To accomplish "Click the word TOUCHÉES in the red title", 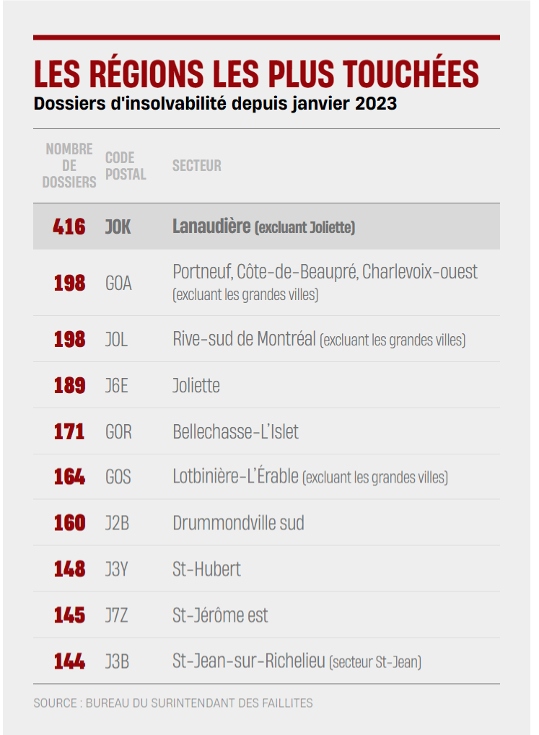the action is pos(411,74).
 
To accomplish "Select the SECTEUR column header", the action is pos(196,165).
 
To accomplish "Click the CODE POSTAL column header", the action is pos(126,166).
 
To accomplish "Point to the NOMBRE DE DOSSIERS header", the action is pos(69,165).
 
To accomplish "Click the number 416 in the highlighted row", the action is pos(69,227).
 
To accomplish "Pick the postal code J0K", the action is pos(118,227).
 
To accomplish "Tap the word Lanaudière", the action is pos(211,226).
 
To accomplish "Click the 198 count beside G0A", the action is pos(69,283).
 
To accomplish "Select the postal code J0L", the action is pos(116,340).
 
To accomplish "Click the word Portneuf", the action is pos(202,272).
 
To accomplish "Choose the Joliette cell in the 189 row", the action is pos(196,385).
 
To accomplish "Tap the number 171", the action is pos(69,432).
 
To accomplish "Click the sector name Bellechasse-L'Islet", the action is pos(235,432).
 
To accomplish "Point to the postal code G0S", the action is pos(118,477).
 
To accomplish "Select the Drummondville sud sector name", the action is pos(238,523).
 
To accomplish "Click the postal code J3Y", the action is pos(116,569).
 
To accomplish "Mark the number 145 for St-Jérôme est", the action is pos(69,615).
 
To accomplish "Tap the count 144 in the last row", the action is pos(69,661).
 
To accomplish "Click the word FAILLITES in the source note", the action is pos(288,703).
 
